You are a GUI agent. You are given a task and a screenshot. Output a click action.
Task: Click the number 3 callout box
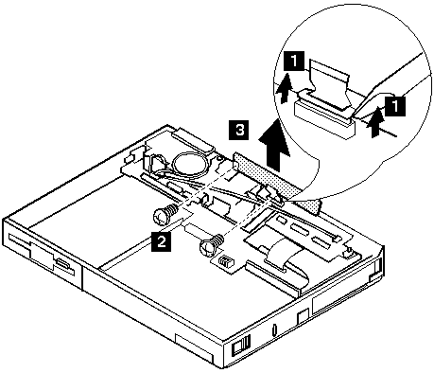238,130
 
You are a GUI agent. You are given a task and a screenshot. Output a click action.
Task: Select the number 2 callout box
161,241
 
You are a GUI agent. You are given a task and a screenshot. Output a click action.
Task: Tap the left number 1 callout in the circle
294,61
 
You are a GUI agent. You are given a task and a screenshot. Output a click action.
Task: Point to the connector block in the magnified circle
323,119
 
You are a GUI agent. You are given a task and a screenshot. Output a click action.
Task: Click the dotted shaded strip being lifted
277,184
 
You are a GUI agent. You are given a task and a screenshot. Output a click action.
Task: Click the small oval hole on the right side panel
274,329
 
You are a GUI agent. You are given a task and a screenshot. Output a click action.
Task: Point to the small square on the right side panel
303,316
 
